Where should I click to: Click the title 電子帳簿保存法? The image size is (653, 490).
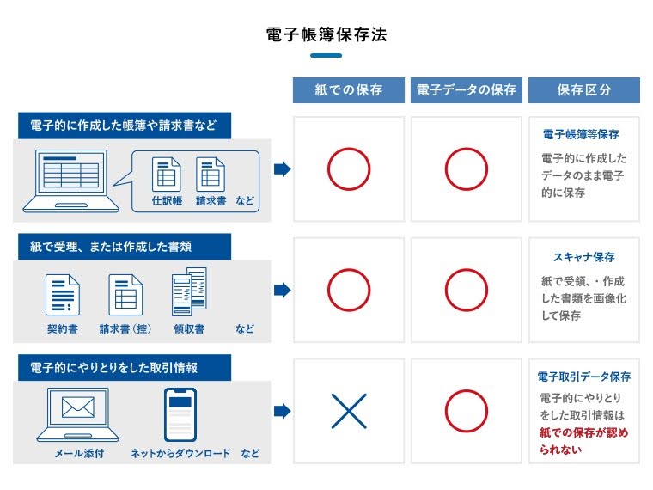coord(326,35)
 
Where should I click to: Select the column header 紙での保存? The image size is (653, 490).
coord(349,90)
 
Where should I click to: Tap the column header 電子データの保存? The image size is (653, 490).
coord(466,90)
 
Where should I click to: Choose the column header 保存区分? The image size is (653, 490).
coord(583,90)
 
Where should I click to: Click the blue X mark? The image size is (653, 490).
coord(349,411)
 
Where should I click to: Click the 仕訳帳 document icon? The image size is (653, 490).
coord(167,175)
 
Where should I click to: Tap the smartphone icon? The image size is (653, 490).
coord(180,414)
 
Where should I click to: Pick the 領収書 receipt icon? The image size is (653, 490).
coord(189,292)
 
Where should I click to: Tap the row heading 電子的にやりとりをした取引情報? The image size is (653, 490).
coord(114,368)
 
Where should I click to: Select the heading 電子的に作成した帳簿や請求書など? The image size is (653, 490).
coord(123,125)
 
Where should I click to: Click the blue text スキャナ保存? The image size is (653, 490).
coord(583,257)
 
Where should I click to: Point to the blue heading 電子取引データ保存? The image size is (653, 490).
coord(583,377)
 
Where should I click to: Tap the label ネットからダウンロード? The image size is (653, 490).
coord(180,453)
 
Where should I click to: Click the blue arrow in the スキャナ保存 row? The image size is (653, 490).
coord(282,291)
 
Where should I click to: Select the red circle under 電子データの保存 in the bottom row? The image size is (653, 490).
coord(466,411)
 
